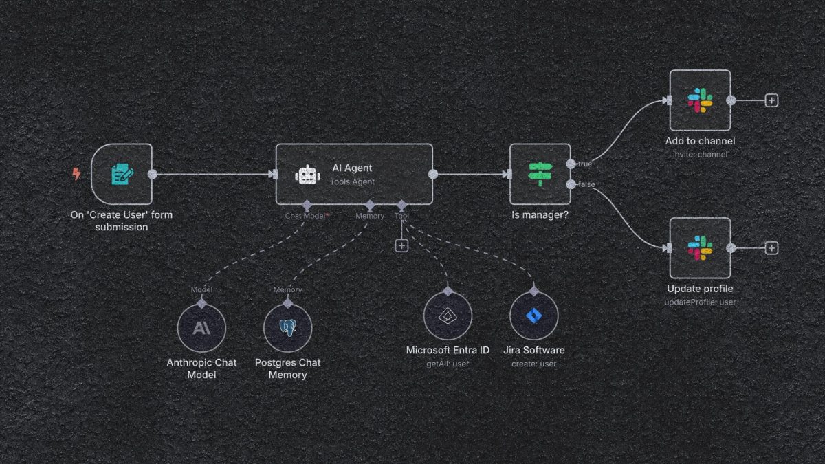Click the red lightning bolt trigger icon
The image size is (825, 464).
[x=76, y=174]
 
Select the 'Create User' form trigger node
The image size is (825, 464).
[x=122, y=174]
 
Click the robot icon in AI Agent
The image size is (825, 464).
[x=307, y=175]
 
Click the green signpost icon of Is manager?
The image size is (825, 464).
[x=540, y=174]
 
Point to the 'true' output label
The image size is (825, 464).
[x=584, y=164]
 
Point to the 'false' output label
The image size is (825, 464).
[x=586, y=184]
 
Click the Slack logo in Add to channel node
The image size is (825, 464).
[x=700, y=100]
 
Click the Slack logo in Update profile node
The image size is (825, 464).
[x=700, y=248]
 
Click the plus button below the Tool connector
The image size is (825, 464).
[x=401, y=245]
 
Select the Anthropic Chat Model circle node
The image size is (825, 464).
[x=201, y=329]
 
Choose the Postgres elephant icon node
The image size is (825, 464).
[x=287, y=329]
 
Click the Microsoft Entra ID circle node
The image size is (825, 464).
[x=448, y=316]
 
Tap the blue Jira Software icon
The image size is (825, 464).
[x=533, y=316]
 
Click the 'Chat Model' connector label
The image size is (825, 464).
[x=305, y=216]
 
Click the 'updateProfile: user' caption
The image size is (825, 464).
[x=700, y=302]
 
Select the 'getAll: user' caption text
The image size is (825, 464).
[x=448, y=363]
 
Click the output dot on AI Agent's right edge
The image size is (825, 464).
[x=432, y=174]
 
